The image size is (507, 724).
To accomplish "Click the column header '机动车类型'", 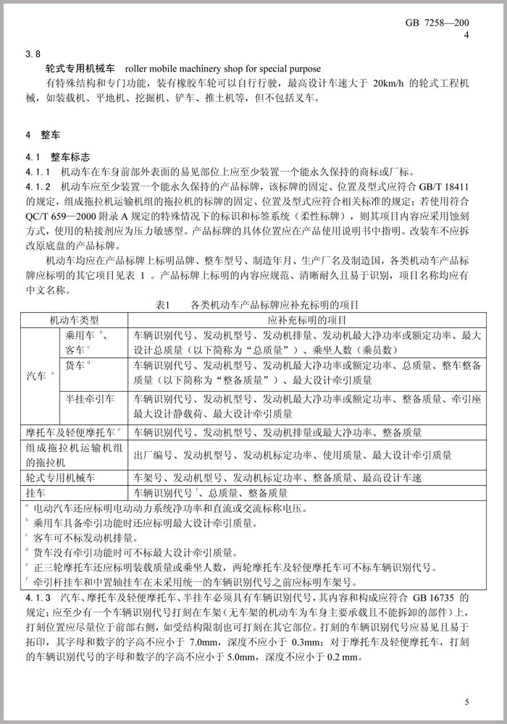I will point(75,319).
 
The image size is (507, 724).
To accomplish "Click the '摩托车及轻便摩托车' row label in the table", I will point(72,432).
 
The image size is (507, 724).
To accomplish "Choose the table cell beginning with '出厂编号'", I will point(293,455).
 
